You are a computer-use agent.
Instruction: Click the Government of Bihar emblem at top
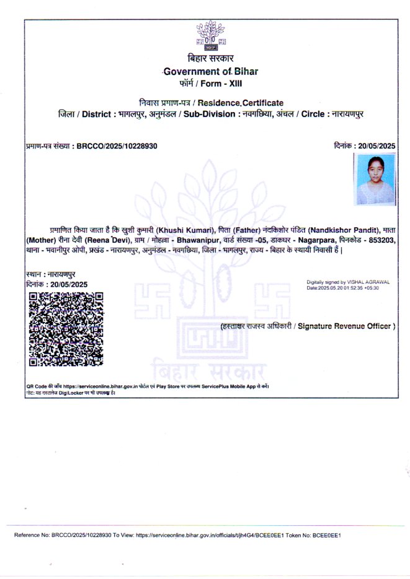click(210, 35)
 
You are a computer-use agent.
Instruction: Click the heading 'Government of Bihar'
click(210, 71)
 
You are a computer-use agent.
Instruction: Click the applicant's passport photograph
click(375, 179)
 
